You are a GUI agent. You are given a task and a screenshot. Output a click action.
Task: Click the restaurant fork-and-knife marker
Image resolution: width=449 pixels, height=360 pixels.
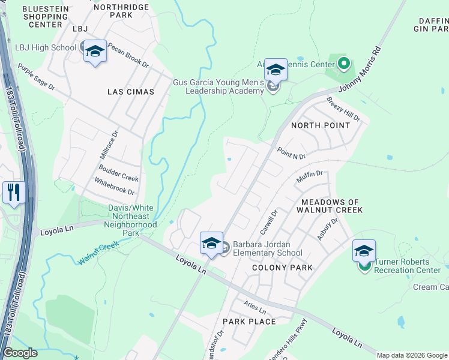[13, 193]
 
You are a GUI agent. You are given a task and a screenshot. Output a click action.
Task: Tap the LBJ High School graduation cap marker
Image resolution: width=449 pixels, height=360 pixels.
[94, 52]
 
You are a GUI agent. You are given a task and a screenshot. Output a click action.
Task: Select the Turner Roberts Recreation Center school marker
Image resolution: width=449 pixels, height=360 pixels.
[363, 251]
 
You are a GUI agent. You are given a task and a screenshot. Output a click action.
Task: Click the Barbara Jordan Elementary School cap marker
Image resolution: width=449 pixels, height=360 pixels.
[211, 244]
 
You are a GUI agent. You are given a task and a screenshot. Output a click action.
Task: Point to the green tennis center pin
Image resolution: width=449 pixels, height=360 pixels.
[343, 62]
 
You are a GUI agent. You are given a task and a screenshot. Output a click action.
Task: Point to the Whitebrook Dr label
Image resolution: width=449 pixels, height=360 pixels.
[114, 185]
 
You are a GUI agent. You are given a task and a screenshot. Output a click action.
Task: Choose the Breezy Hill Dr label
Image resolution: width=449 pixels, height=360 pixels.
[343, 109]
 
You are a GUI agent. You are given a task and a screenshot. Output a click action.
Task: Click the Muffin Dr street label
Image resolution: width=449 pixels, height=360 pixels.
[310, 177]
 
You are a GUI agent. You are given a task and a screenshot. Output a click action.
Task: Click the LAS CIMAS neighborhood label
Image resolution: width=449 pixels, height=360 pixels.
[130, 92]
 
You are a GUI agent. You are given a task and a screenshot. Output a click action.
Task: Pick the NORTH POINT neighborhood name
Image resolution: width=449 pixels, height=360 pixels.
[320, 125]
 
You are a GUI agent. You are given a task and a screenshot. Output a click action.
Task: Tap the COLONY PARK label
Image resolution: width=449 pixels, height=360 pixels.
[282, 268]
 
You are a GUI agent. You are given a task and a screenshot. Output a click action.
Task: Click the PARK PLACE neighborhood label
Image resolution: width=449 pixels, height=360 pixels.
[249, 322]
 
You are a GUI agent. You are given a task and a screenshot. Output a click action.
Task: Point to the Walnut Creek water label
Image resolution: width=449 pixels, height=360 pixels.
[98, 253]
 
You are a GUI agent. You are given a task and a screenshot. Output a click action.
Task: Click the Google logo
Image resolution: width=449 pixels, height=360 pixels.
[20, 353]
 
